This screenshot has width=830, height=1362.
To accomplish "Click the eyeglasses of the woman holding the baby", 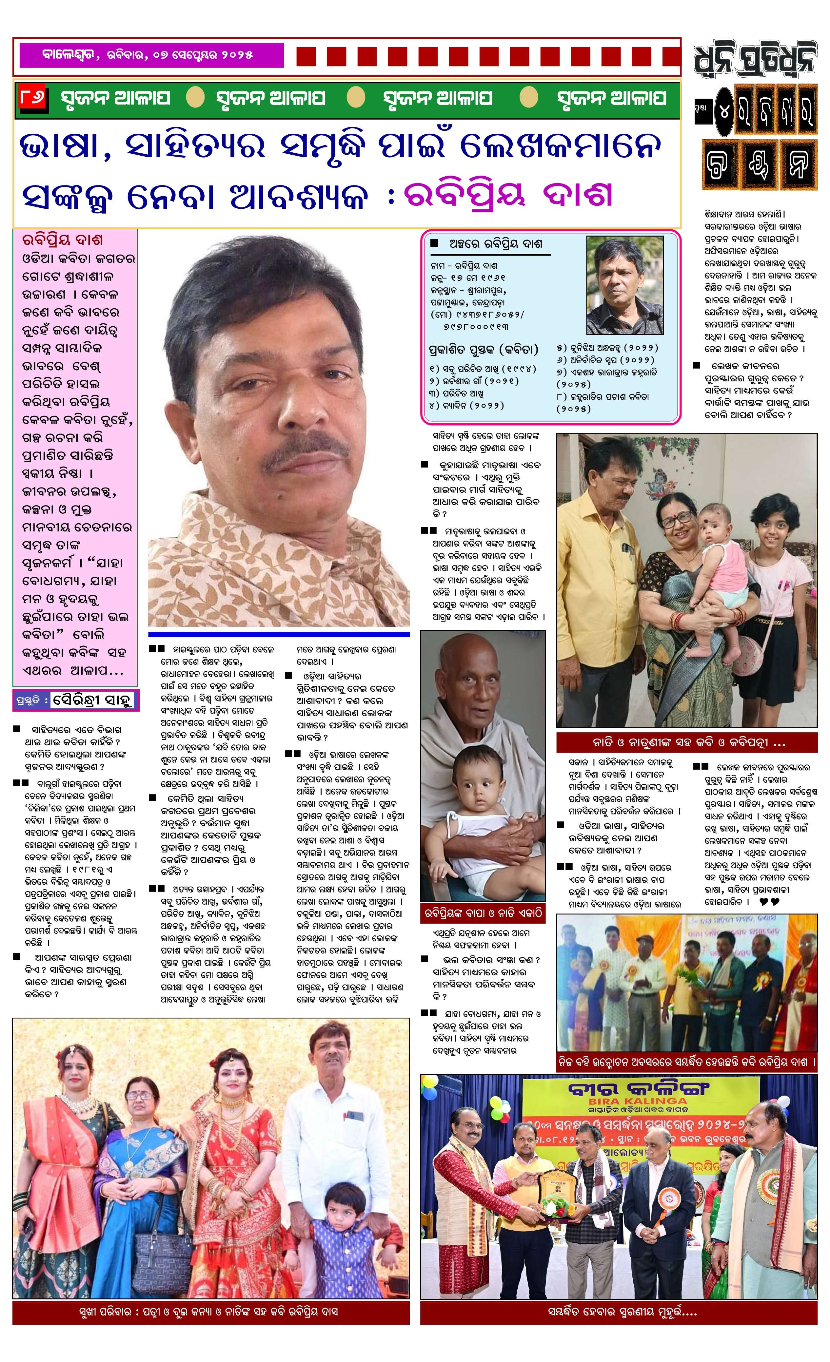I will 677,518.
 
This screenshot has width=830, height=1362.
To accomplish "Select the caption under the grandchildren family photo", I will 686,742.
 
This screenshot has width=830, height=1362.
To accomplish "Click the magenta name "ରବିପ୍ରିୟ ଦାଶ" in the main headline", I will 509,196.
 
